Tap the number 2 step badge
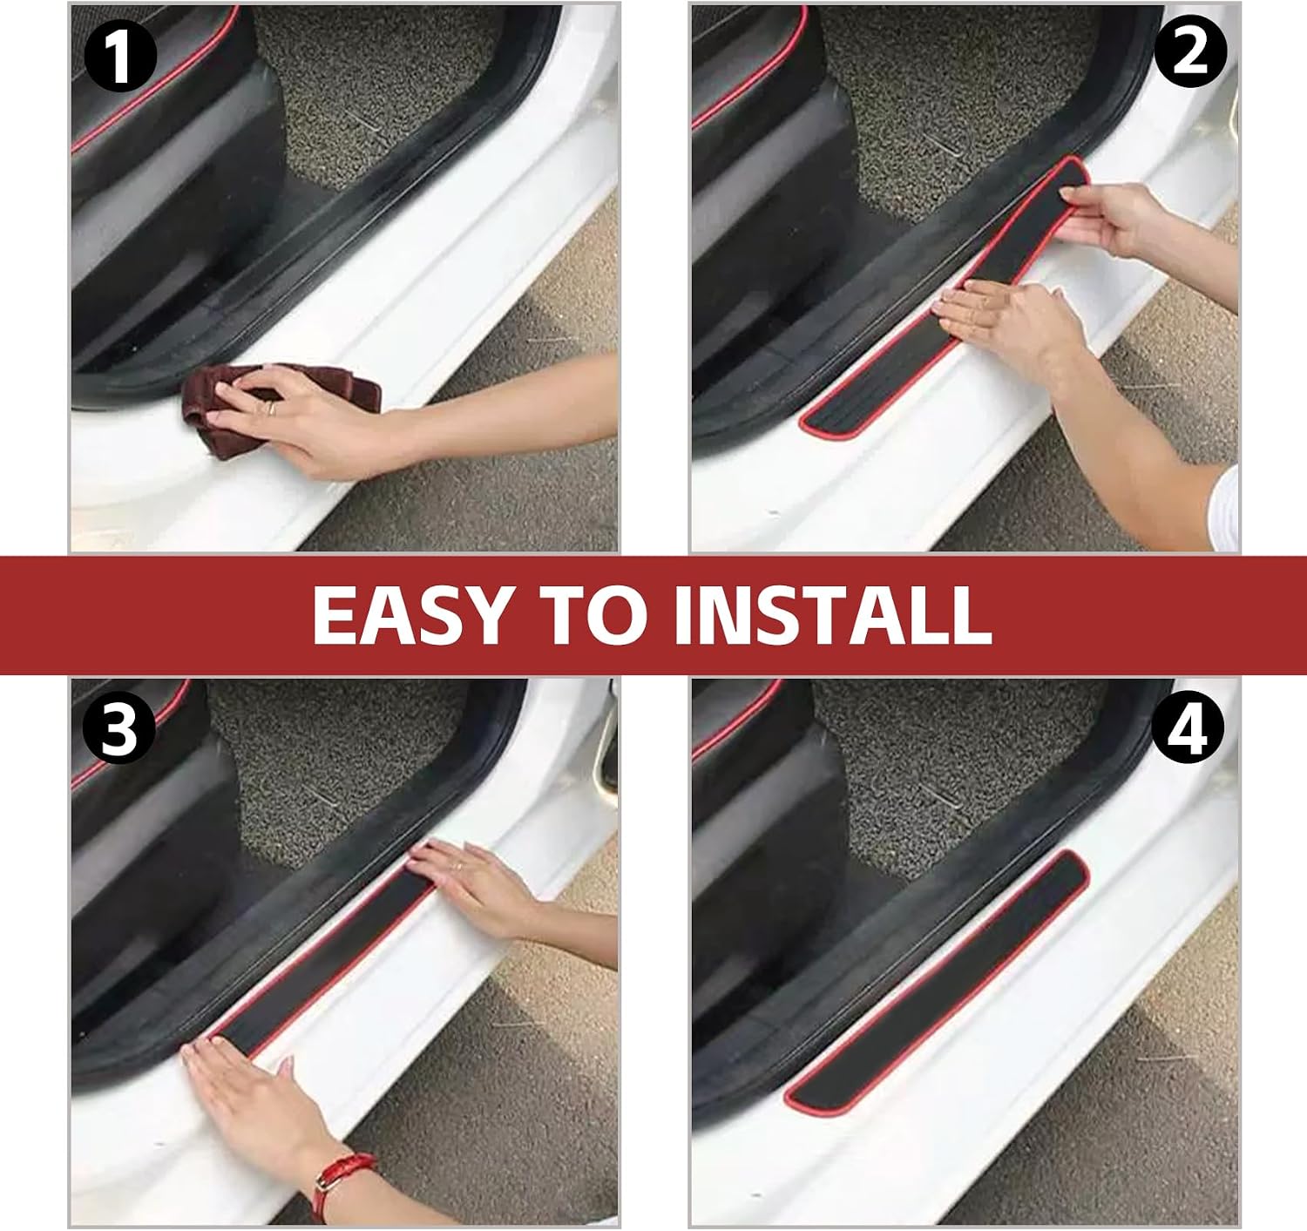tap(1190, 51)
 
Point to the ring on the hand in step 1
tap(270, 408)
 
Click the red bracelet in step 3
tap(342, 1182)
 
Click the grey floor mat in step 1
tap(376, 92)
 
